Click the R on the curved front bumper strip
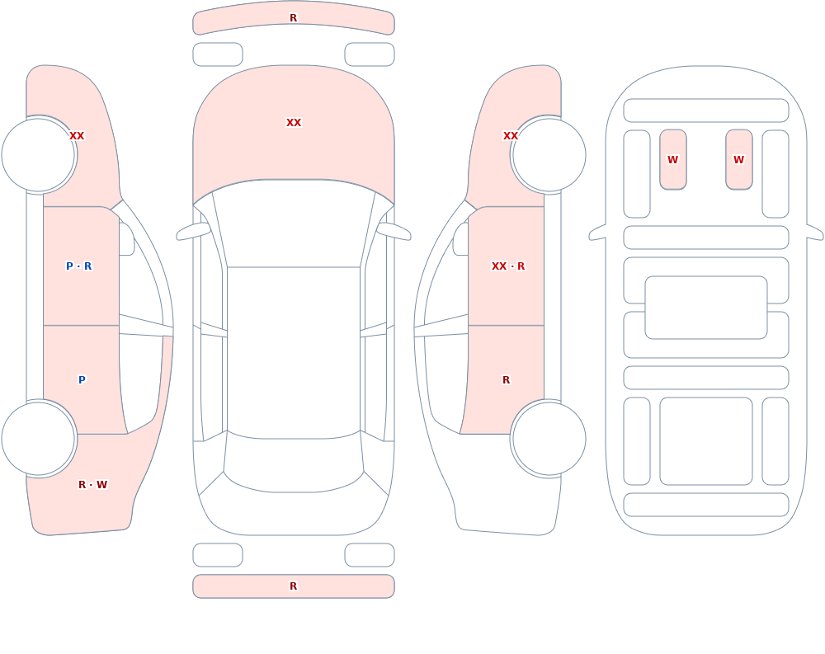pyautogui.click(x=293, y=18)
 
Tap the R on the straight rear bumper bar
pyautogui.click(x=293, y=586)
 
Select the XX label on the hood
pyautogui.click(x=294, y=123)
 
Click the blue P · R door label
pyautogui.click(x=79, y=266)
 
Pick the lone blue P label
pyautogui.click(x=82, y=380)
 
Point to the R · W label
pyautogui.click(x=92, y=485)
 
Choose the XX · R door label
pyautogui.click(x=507, y=266)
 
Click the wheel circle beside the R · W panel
pyautogui.click(x=39, y=438)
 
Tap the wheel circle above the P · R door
pyautogui.click(x=39, y=155)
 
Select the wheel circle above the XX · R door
pyautogui.click(x=549, y=155)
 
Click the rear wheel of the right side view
pyautogui.click(x=549, y=438)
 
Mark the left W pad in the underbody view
pyautogui.click(x=673, y=159)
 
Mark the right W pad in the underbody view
pyautogui.click(x=738, y=159)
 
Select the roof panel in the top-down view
pyautogui.click(x=294, y=352)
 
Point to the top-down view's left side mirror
pyautogui.click(x=193, y=232)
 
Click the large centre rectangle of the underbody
pyautogui.click(x=706, y=308)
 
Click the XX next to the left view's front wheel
pyautogui.click(x=77, y=136)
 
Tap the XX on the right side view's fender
pyautogui.click(x=511, y=136)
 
